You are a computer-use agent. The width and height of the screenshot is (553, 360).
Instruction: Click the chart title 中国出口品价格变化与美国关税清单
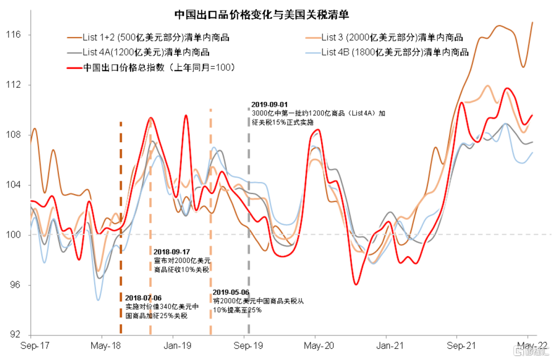click(262, 15)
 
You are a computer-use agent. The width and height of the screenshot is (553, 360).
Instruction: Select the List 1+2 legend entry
click(148, 37)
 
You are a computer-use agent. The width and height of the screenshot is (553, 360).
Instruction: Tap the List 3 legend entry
click(385, 37)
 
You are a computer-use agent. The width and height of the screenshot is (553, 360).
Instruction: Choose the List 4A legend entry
click(138, 52)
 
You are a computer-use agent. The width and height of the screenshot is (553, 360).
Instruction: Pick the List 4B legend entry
click(387, 52)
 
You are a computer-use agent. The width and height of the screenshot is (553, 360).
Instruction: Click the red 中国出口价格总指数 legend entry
click(151, 68)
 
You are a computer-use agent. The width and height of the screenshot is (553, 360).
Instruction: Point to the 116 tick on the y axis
click(13, 34)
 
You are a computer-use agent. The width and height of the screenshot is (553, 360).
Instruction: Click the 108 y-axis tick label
click(13, 135)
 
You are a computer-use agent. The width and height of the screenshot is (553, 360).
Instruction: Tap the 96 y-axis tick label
click(15, 285)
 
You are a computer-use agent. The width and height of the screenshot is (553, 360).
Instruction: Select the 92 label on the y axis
click(15, 334)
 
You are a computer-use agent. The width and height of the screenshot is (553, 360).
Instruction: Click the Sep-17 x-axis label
click(35, 346)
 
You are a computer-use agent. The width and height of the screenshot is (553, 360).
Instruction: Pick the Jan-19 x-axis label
click(177, 346)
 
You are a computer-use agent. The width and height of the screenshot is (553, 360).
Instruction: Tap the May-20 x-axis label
click(319, 346)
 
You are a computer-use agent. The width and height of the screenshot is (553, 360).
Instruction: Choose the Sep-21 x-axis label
click(461, 346)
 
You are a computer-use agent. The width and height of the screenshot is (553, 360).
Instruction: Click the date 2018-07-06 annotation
click(143, 299)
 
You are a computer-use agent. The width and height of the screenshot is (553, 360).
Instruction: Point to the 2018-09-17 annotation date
click(172, 252)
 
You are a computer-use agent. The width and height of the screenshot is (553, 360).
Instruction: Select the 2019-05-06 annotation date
click(231, 292)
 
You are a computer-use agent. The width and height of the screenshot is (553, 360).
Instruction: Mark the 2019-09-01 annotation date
click(269, 104)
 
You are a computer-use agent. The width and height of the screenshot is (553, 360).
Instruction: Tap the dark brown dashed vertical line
click(121, 228)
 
